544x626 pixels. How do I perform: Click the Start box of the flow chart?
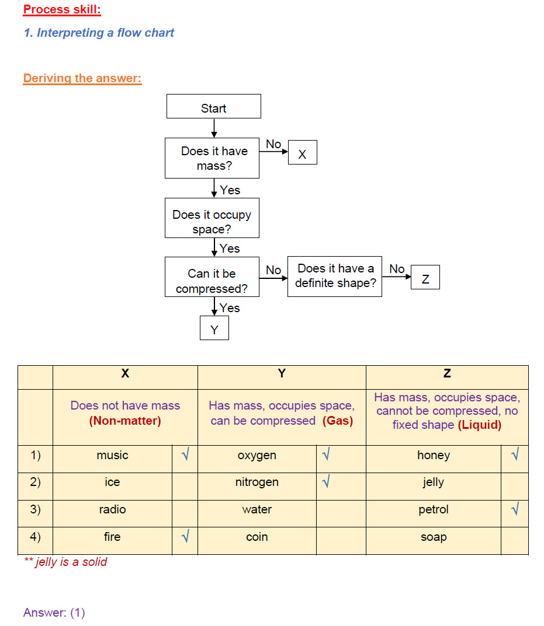pyautogui.click(x=213, y=107)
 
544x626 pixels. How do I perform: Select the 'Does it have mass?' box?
pyautogui.click(x=212, y=158)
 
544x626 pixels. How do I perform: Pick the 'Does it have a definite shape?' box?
pyautogui.click(x=335, y=277)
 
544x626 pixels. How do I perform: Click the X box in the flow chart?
pyautogui.click(x=302, y=153)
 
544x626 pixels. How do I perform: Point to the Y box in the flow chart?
pyautogui.click(x=214, y=328)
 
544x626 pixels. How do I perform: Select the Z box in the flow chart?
pyautogui.click(x=425, y=278)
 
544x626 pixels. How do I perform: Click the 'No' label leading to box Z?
pyautogui.click(x=397, y=269)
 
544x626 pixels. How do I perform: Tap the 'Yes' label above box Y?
pyautogui.click(x=230, y=307)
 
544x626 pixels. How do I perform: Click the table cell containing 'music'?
pyautogui.click(x=112, y=456)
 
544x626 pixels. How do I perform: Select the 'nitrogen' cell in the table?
pyautogui.click(x=257, y=482)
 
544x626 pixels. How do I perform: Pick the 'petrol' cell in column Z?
pyautogui.click(x=433, y=510)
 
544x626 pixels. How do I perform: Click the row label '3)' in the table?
pyautogui.click(x=35, y=509)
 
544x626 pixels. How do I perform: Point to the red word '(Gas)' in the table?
pyautogui.click(x=338, y=421)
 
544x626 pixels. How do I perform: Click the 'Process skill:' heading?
pyautogui.click(x=62, y=9)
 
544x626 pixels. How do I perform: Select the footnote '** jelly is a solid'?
pyautogui.click(x=65, y=562)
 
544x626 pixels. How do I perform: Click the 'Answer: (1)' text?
pyautogui.click(x=54, y=613)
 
